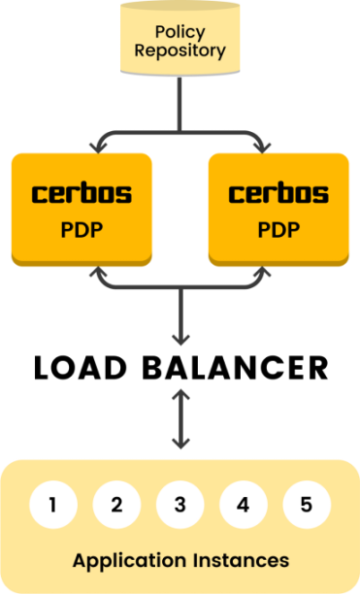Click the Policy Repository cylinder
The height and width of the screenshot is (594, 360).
click(180, 39)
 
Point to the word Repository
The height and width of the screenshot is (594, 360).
click(180, 49)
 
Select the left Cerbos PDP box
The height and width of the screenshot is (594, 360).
click(82, 209)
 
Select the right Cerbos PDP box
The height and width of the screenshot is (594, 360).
click(278, 209)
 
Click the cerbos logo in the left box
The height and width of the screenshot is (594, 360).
click(82, 193)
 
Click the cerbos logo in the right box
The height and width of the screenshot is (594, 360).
click(278, 193)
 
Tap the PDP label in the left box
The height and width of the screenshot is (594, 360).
click(82, 233)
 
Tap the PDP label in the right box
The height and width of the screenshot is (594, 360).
click(278, 233)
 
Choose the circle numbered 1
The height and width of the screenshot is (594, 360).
click(53, 505)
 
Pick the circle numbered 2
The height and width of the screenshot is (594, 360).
click(116, 505)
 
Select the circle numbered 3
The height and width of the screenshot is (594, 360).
click(180, 505)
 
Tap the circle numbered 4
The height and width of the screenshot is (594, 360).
click(244, 505)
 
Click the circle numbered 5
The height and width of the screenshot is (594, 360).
click(307, 505)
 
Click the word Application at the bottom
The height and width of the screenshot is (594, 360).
click(124, 560)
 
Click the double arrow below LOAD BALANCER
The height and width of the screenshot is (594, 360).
click(180, 418)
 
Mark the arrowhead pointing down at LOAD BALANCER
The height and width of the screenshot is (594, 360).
click(180, 338)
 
